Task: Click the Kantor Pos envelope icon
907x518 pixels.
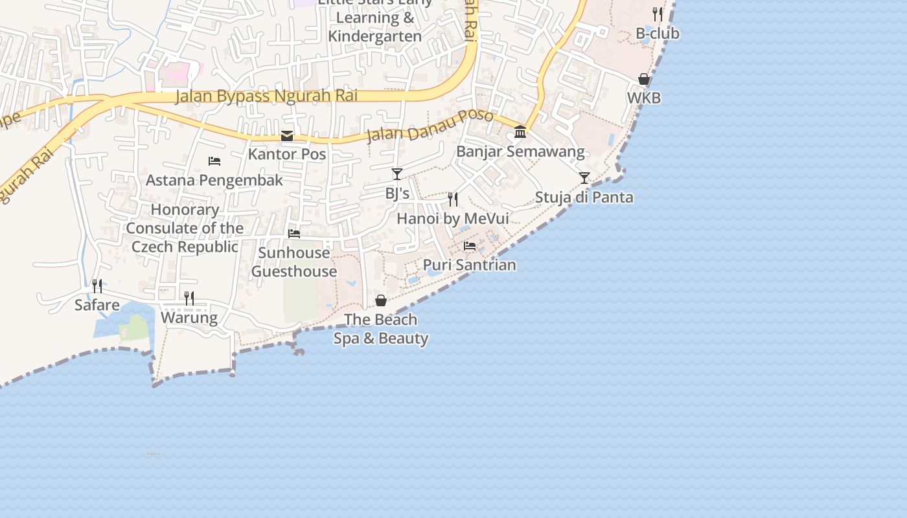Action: pos(287,136)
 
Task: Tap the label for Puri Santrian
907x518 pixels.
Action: pos(470,265)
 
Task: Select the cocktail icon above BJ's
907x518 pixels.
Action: pos(397,174)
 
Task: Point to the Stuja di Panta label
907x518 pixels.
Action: pos(584,197)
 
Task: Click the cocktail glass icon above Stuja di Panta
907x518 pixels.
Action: pos(584,178)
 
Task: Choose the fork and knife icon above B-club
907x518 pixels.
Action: pos(658,14)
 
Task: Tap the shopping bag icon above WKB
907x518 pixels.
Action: pos(644,79)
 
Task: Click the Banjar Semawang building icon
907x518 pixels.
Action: pos(520,132)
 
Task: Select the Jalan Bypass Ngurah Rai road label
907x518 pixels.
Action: pos(266,96)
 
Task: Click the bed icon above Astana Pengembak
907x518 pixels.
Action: pos(214,161)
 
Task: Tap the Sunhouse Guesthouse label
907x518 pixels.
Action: pos(294,262)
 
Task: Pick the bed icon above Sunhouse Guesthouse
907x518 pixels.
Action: pos(294,233)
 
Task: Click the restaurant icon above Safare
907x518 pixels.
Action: pos(97,286)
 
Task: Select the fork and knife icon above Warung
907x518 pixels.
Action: pos(189,298)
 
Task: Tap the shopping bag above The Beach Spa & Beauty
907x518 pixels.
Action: pos(381,300)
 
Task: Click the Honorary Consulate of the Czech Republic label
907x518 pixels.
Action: pos(185,228)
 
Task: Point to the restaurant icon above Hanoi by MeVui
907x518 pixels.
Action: pos(453,199)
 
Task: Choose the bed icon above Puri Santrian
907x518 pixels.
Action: pos(470,245)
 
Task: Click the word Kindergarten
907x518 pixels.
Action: pos(375,36)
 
